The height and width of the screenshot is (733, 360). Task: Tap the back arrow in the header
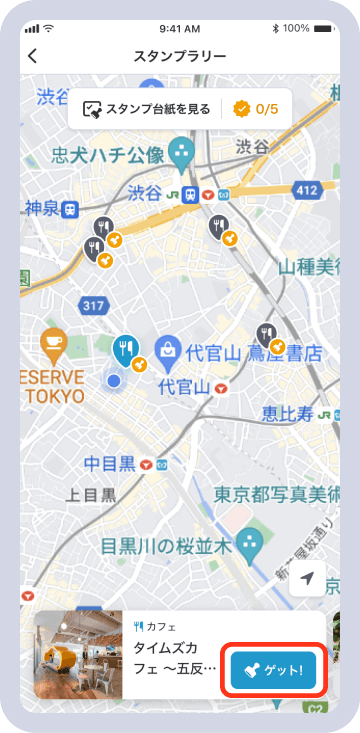pos(33,56)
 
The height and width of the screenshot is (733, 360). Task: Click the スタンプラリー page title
pos(180,56)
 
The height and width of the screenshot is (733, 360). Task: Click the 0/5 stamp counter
pos(256,109)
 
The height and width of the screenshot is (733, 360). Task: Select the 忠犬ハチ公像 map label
pos(108,156)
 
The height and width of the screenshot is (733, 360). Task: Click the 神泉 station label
pos(39,210)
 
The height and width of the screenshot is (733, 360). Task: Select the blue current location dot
pos(114,381)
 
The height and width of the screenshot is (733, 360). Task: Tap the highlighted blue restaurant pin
pos(125,349)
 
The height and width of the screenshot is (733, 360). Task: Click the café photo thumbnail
pos(78,655)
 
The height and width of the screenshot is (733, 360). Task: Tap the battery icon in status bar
pos(326,28)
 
